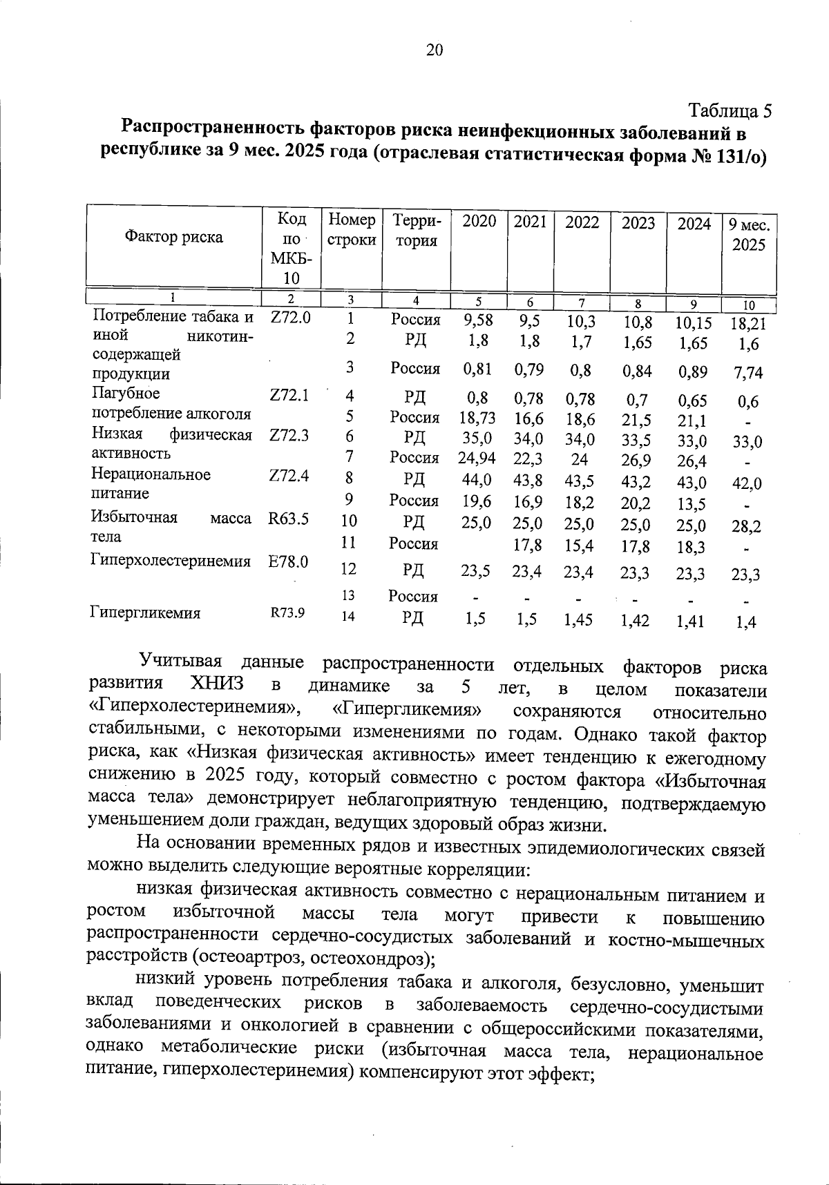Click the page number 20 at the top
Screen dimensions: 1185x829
coord(435,50)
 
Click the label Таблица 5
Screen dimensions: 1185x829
coord(729,110)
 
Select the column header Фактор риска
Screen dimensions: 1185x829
coord(173,238)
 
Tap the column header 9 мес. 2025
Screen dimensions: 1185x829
coord(749,235)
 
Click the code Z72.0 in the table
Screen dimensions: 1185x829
coord(290,318)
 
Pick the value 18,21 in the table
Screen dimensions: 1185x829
coord(748,323)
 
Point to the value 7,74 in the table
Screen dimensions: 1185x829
coord(748,373)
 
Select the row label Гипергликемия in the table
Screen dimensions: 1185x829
coord(146,613)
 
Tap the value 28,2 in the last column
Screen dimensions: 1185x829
coord(747,527)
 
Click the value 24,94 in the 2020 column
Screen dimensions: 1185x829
coord(477,457)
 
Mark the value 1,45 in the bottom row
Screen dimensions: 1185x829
coord(578,620)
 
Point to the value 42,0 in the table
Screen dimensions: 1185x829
coord(747,483)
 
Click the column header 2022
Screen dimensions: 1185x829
coord(582,222)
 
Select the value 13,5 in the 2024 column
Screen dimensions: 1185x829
coord(692,504)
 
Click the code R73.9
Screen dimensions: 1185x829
coord(287,613)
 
